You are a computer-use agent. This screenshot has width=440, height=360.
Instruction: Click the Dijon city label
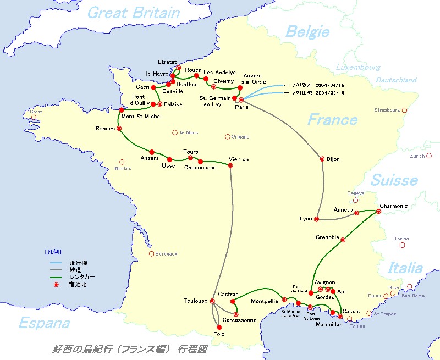[333, 159]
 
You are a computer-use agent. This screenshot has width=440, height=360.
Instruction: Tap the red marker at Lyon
[317, 219]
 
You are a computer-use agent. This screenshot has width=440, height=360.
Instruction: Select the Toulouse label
[195, 301]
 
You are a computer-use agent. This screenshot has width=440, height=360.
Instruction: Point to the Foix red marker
[219, 327]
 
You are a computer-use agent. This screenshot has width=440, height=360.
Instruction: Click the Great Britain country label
[134, 13]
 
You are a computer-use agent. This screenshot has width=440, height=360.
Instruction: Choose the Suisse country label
[394, 180]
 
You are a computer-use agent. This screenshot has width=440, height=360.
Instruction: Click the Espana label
[44, 323]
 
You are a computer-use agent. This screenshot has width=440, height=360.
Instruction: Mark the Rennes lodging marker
[119, 129]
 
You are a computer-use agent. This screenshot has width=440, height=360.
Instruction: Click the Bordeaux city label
[167, 254]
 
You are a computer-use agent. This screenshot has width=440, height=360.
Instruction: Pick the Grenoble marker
[343, 239]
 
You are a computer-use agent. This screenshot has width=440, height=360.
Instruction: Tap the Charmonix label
[393, 206]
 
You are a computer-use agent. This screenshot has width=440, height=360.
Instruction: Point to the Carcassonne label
[239, 320]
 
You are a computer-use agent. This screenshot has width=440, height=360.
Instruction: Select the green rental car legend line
[54, 278]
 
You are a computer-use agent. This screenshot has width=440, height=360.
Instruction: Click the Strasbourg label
[387, 110]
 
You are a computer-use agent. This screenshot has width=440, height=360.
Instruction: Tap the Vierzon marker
[230, 165]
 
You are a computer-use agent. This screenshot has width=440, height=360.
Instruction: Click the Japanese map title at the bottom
[129, 349]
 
